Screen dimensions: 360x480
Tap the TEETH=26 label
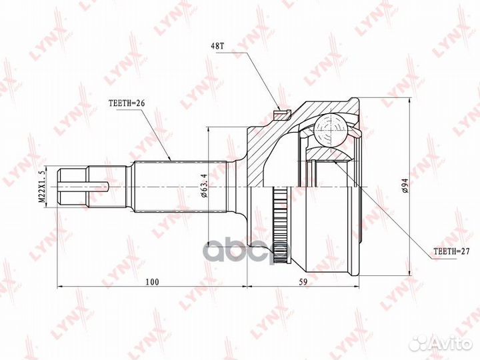(x=126, y=103)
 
